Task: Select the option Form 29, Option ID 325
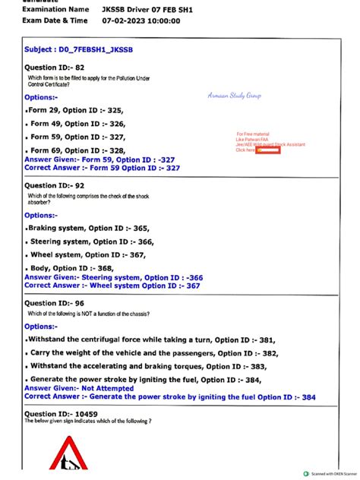click(75, 110)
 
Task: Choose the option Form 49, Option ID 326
click(75, 123)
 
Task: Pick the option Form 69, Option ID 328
click(75, 150)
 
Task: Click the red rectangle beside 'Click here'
click(268, 150)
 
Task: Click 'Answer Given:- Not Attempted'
click(78, 387)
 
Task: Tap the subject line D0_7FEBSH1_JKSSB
click(80, 49)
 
